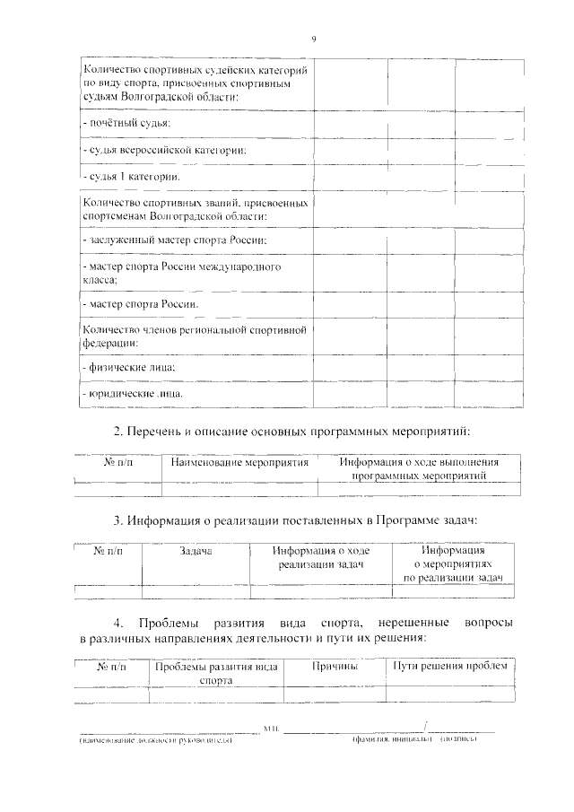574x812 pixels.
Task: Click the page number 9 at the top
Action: [314, 38]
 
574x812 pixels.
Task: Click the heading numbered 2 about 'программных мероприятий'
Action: [291, 431]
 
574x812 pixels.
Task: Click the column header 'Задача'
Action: [195, 552]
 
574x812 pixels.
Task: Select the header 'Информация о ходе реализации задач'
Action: [320, 558]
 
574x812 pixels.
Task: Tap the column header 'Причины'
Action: [335, 667]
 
